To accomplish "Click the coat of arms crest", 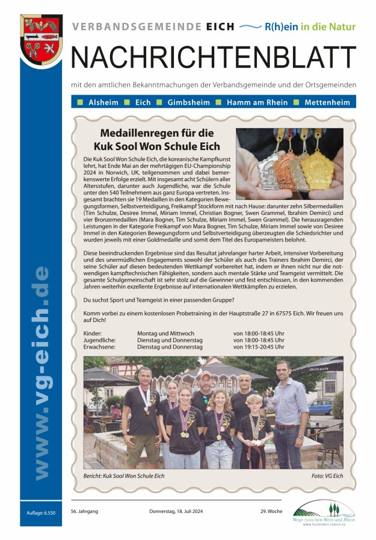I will pyautogui.click(x=41, y=40).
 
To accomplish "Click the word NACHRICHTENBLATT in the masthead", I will pyautogui.click(x=214, y=57).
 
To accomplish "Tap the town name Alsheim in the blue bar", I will pyautogui.click(x=103, y=102).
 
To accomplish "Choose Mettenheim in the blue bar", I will pyautogui.click(x=327, y=102).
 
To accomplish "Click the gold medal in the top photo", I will pyautogui.click(x=316, y=170).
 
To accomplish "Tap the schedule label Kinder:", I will pyautogui.click(x=93, y=333).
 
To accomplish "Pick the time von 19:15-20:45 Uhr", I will pyautogui.click(x=259, y=347).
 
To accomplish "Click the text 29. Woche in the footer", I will pyautogui.click(x=271, y=511).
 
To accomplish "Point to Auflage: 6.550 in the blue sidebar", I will pyautogui.click(x=41, y=512).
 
